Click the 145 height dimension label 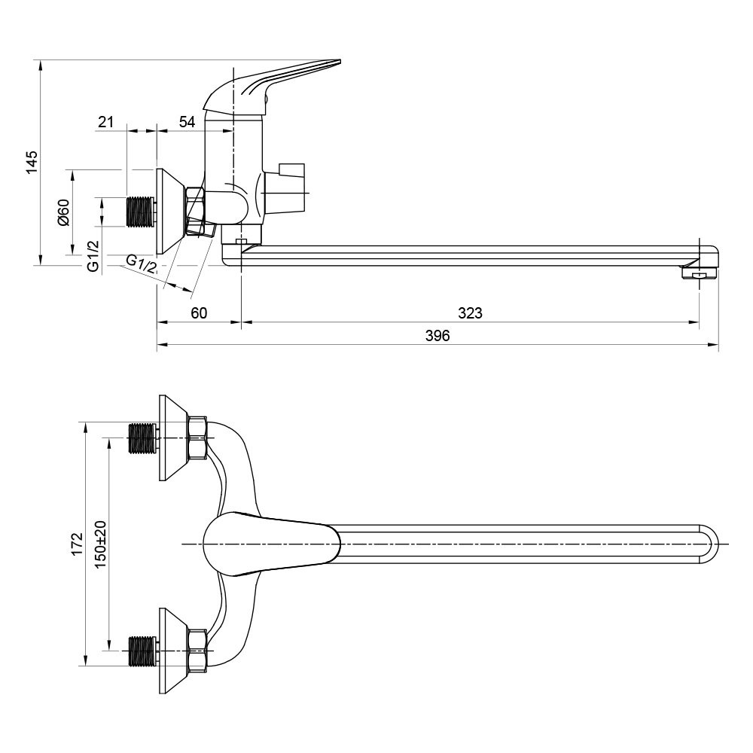(32, 162)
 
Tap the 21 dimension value (105, 121)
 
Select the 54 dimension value (187, 121)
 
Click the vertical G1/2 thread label (93, 256)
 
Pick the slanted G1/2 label (141, 264)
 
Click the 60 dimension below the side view (198, 312)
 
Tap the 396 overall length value (437, 336)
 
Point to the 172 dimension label (76, 544)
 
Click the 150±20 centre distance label (101, 544)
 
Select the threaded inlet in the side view (141, 212)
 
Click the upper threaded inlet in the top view (142, 438)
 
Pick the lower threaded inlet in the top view (142, 650)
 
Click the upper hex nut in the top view (198, 438)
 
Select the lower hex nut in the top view (198, 650)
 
